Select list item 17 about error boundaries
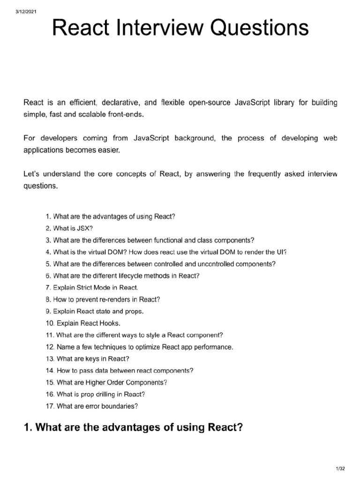92,406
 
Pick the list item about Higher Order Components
106,382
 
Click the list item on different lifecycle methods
123,276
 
